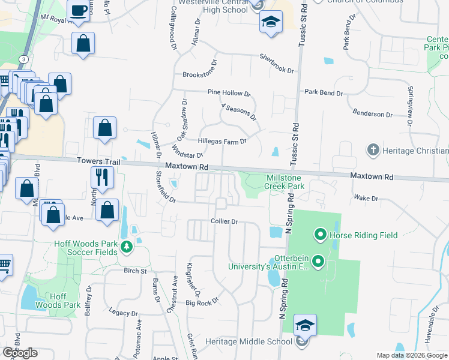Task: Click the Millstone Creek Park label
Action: [x=285, y=182]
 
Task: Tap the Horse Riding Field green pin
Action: [x=320, y=235]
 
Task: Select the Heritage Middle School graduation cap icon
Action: [x=305, y=326]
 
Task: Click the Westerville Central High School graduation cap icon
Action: [x=271, y=23]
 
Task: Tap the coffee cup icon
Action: [x=78, y=10]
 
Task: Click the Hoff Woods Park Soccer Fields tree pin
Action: [x=126, y=246]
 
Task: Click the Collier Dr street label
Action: [x=224, y=221]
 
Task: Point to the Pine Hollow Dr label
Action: [x=229, y=93]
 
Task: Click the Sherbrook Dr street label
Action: [x=277, y=63]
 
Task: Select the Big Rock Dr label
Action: [x=202, y=303]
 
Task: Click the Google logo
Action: [x=20, y=352]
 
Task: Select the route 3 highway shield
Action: [x=23, y=59]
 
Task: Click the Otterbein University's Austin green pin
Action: [x=318, y=261]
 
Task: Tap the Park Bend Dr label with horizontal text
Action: [x=323, y=93]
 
